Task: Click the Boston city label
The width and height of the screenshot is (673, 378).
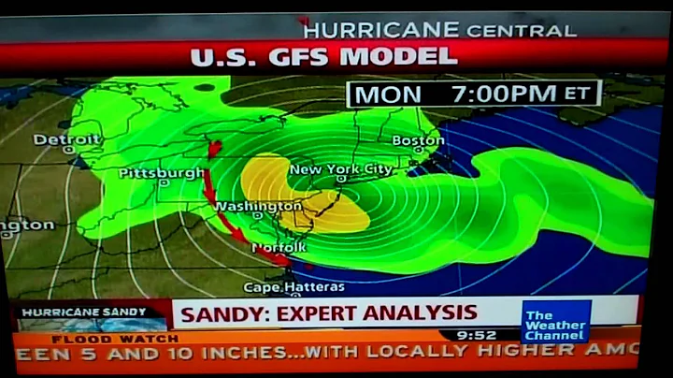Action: click(x=418, y=140)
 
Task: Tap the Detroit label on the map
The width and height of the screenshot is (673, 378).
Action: click(x=66, y=139)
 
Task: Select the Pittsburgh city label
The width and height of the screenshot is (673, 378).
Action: click(x=161, y=173)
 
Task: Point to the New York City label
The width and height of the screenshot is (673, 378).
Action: click(x=341, y=169)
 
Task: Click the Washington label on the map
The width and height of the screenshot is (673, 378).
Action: click(x=258, y=206)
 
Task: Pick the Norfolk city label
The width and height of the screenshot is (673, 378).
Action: click(x=279, y=247)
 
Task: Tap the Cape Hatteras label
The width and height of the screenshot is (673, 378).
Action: click(x=280, y=287)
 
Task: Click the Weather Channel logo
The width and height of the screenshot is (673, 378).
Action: click(x=554, y=323)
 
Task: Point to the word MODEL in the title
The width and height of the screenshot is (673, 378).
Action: click(x=396, y=56)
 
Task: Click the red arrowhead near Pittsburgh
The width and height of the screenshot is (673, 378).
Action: click(x=214, y=148)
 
